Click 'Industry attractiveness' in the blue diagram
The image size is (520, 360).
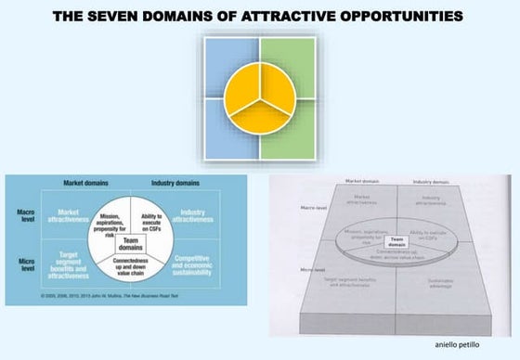point(192,214)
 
